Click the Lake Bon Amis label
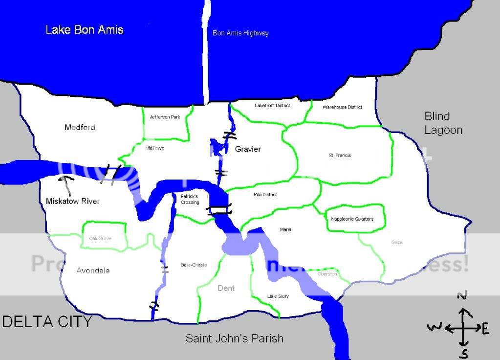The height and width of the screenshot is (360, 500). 84,29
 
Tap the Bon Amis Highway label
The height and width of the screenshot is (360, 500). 240,33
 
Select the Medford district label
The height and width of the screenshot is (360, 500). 80,127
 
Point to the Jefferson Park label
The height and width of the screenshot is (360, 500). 165,117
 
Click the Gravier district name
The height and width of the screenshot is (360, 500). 248,149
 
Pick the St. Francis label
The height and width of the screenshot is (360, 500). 340,155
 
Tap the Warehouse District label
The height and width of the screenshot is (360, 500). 342,107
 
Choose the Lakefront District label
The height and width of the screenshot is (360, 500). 272,105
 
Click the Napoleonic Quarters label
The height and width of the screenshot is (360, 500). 352,219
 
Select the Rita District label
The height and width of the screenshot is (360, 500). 265,195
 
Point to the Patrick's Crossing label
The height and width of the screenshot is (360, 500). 190,199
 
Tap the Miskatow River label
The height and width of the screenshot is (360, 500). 72,201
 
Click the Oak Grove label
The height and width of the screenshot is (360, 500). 100,238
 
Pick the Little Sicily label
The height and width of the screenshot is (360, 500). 278,296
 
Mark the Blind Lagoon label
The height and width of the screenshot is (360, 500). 443,123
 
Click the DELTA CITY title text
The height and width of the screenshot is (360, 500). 47,321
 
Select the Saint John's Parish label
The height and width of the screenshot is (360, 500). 234,338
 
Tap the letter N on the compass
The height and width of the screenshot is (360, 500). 462,295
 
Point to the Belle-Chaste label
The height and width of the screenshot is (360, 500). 194,265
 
